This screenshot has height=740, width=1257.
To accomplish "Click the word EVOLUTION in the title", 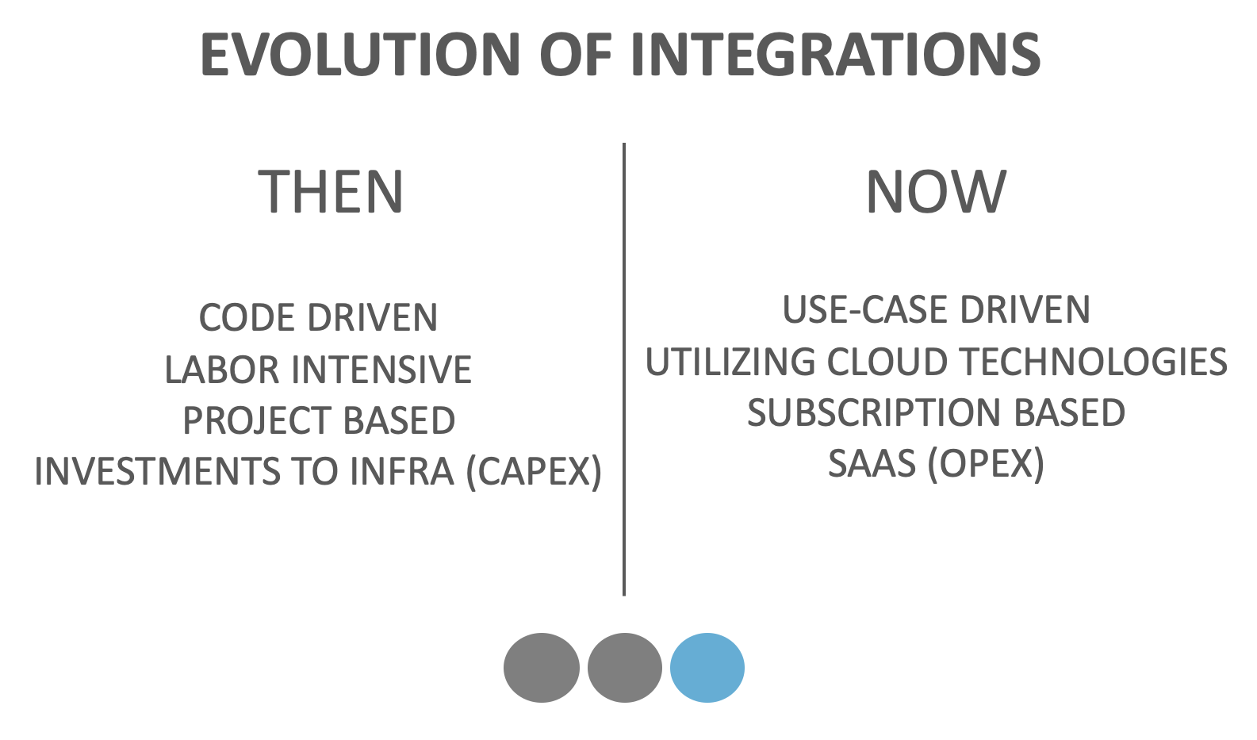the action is pyautogui.click(x=360, y=55).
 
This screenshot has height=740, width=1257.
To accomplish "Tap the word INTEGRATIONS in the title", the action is pyautogui.click(x=836, y=55).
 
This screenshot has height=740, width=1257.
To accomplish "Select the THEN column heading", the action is pyautogui.click(x=331, y=191).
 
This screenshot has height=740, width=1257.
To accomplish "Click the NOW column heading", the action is pyautogui.click(x=936, y=191).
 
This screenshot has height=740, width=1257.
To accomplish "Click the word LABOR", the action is pyautogui.click(x=221, y=370).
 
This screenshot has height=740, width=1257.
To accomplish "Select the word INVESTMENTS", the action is pyautogui.click(x=157, y=471).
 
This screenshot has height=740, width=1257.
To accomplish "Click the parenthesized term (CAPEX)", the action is pyautogui.click(x=534, y=471).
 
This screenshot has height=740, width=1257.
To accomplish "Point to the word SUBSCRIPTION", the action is pyautogui.click(x=874, y=412).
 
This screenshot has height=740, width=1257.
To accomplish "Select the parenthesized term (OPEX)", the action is pyautogui.click(x=986, y=464).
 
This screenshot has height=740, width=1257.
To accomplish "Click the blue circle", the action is pyautogui.click(x=707, y=668).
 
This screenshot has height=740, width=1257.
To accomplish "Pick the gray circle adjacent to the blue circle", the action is pyautogui.click(x=625, y=668).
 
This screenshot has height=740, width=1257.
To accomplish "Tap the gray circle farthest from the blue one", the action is pyautogui.click(x=542, y=668).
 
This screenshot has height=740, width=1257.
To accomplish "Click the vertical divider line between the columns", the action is pyautogui.click(x=624, y=369).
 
